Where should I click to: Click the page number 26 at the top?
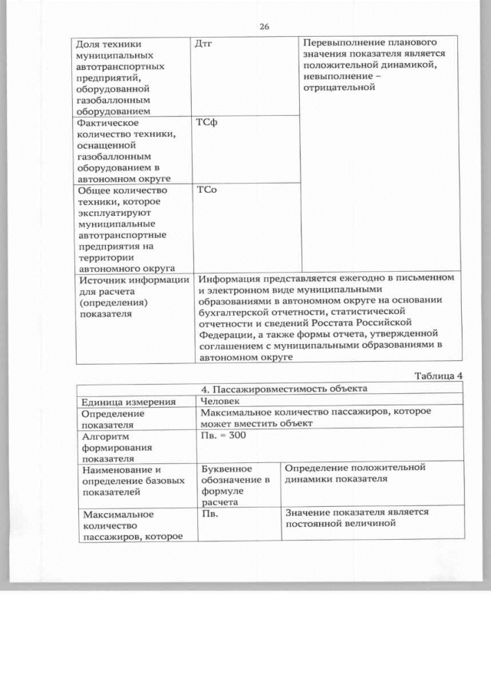tap(264, 27)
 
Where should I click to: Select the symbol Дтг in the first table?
tap(205, 44)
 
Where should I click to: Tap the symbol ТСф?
tap(206, 123)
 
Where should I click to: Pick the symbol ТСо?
tap(206, 190)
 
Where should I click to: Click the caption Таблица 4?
tap(439, 376)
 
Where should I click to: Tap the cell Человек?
tap(220, 401)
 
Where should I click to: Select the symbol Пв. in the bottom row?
tap(211, 513)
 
